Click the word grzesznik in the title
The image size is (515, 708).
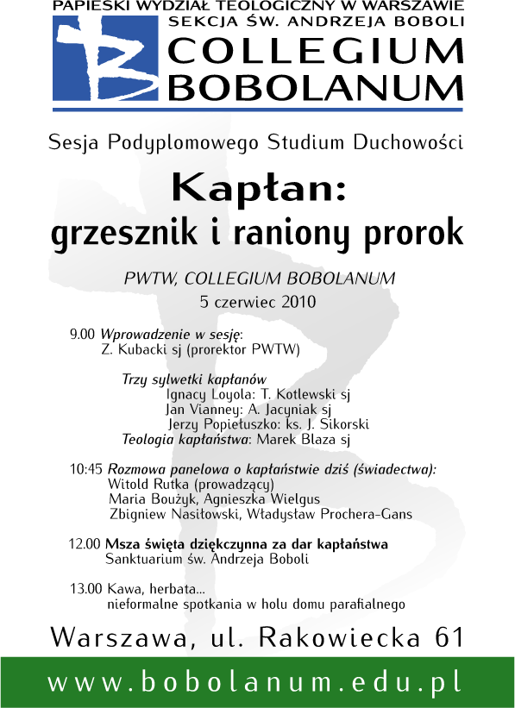(113, 233)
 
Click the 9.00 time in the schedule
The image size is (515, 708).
(83, 334)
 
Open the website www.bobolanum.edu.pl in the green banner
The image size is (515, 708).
(257, 682)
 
